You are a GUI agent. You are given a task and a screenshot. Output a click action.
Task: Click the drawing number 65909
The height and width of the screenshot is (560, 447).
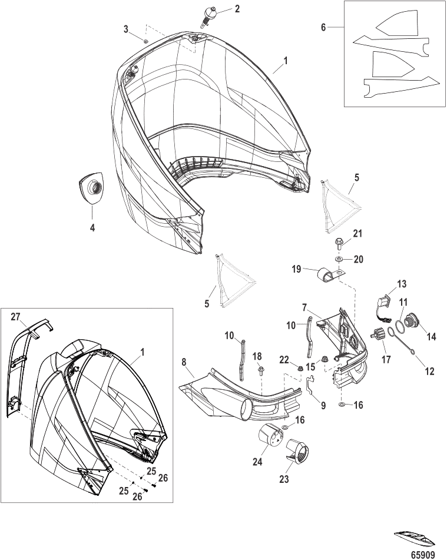423,555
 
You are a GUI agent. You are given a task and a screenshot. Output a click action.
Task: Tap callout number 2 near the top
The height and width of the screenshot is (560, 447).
237,9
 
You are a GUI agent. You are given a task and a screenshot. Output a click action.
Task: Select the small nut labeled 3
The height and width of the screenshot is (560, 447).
145,42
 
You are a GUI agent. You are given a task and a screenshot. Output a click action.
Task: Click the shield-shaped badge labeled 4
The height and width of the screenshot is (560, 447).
91,188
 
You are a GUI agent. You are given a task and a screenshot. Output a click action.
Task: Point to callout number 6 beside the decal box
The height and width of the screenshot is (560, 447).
324,27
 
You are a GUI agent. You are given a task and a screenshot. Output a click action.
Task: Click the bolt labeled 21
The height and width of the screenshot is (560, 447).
338,244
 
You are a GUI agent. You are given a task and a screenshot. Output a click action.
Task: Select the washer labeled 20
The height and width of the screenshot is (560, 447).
339,259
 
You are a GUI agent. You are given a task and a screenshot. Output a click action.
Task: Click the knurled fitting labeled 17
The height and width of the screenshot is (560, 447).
379,334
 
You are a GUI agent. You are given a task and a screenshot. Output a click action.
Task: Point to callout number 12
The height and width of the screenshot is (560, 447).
429,371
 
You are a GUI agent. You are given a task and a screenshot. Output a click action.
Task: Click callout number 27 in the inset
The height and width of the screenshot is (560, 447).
15,317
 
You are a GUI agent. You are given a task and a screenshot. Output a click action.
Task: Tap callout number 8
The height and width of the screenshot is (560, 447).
184,362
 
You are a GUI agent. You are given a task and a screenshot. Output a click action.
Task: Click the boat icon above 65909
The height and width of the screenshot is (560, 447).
415,539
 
